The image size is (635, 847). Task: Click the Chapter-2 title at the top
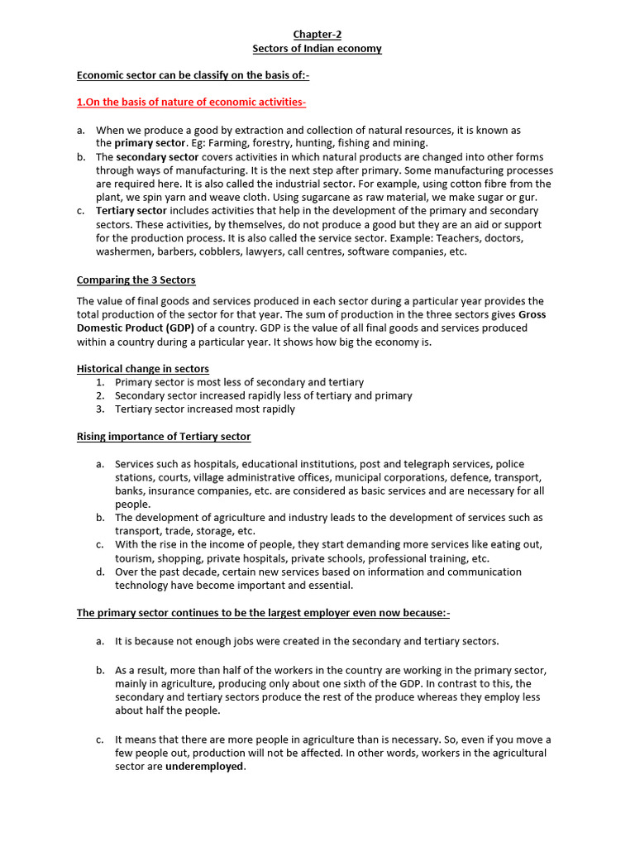tap(317, 35)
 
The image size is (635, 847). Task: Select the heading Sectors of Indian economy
tap(317, 49)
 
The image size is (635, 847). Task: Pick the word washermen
tap(125, 251)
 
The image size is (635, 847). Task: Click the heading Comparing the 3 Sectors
tap(136, 280)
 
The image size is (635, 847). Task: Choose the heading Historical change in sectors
tap(143, 369)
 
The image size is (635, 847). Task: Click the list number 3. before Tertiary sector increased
tap(99, 409)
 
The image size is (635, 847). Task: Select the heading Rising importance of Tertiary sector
tap(164, 436)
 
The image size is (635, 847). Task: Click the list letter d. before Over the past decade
tap(99, 572)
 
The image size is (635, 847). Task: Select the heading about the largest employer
tap(263, 613)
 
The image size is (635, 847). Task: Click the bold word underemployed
tap(205, 766)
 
